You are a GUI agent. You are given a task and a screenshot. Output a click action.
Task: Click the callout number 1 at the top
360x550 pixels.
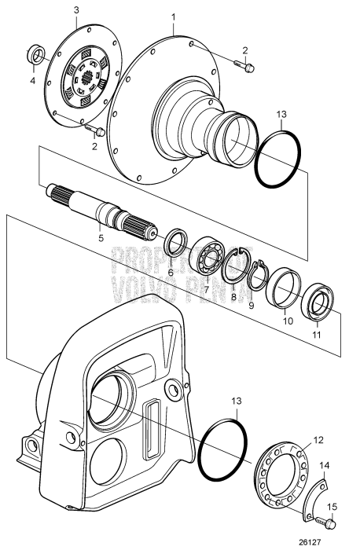pos(174,16)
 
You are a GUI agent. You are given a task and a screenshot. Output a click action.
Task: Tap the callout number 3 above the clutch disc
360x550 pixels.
pos(76,9)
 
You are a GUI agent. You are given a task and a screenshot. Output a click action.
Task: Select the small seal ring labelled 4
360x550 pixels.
pos(36,55)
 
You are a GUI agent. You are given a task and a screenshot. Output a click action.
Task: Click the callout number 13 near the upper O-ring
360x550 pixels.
pos(283,116)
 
